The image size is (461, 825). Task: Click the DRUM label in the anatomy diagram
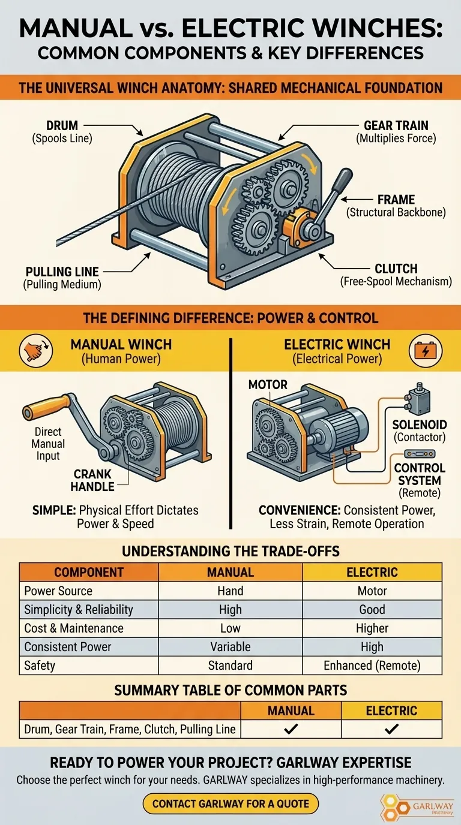pyautogui.click(x=62, y=125)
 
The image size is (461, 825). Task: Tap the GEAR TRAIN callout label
pyautogui.click(x=396, y=125)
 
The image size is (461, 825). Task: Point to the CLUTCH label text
pyautogui.click(x=396, y=269)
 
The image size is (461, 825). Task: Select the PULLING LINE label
pyautogui.click(x=62, y=272)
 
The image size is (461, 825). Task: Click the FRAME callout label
pyautogui.click(x=396, y=200)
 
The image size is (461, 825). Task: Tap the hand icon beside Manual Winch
pyautogui.click(x=36, y=350)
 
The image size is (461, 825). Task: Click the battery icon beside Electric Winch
pyautogui.click(x=426, y=350)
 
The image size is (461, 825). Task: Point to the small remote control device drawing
pyautogui.click(x=420, y=453)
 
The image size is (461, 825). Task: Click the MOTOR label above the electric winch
pyautogui.click(x=268, y=384)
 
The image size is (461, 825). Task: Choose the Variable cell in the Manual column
pyautogui.click(x=230, y=647)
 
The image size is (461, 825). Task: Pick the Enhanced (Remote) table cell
pyautogui.click(x=372, y=666)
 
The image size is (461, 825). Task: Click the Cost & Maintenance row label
pyautogui.click(x=74, y=628)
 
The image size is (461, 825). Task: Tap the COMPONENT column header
pyautogui.click(x=89, y=572)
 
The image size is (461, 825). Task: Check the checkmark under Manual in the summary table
pyautogui.click(x=291, y=729)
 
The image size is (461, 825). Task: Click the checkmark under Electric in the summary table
pyautogui.click(x=391, y=729)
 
